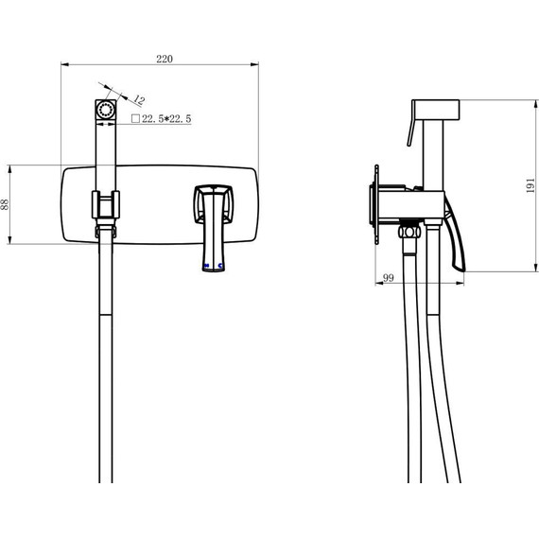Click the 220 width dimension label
(165, 59)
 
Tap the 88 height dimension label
(5, 204)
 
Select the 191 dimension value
(531, 185)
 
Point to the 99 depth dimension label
(388, 277)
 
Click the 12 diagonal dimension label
(139, 100)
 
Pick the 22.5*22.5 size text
(166, 119)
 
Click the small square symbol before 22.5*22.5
(136, 118)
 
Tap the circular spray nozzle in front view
(106, 110)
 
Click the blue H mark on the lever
(206, 266)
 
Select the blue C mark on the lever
(220, 266)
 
